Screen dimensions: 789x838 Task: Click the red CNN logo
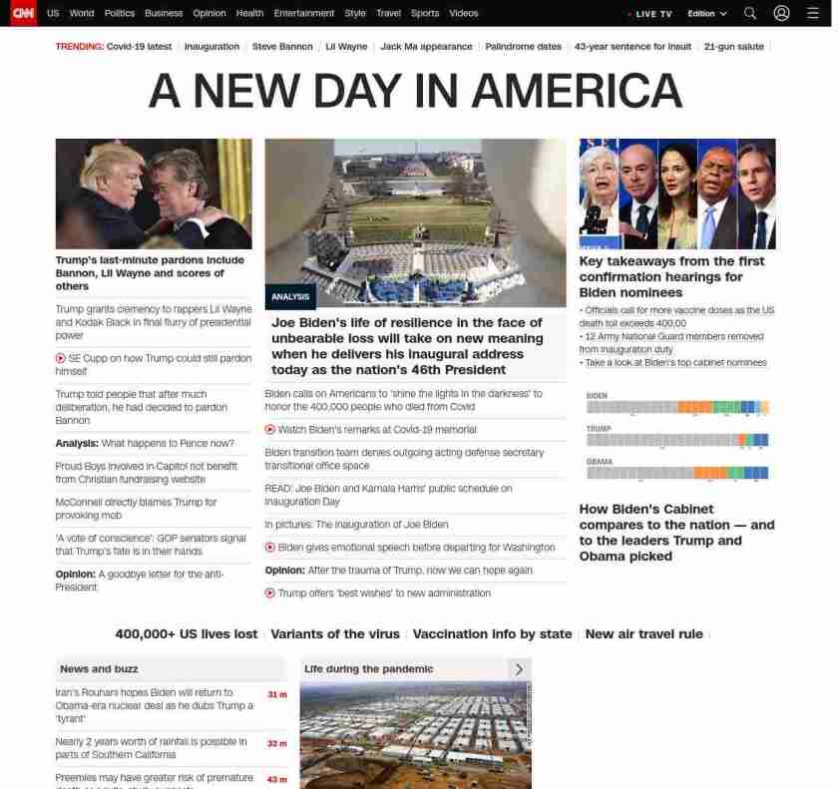pos(23,13)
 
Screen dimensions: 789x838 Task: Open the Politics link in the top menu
pos(120,14)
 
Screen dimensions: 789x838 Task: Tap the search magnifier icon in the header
pos(750,14)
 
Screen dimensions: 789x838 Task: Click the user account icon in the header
pos(782,14)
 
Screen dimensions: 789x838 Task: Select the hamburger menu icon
pos(812,14)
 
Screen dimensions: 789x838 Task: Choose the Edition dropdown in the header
pos(707,14)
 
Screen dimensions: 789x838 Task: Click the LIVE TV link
pos(652,14)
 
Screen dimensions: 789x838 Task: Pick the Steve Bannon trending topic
pos(282,47)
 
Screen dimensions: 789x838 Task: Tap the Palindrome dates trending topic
pos(523,47)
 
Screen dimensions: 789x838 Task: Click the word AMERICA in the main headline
pos(576,92)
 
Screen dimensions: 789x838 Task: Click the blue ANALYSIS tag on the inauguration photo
pos(290,297)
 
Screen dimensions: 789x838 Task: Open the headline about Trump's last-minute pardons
pos(150,273)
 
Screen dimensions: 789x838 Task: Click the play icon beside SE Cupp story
pos(61,358)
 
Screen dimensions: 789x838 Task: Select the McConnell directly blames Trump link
pos(136,509)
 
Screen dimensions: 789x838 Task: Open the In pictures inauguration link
pos(356,525)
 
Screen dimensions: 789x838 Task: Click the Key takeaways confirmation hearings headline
pos(671,276)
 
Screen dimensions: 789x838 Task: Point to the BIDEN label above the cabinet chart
pos(597,396)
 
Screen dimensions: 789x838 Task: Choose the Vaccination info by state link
pos(492,634)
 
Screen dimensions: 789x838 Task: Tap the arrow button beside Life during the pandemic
pos(519,669)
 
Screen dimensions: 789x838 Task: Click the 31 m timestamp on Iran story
pos(276,694)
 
